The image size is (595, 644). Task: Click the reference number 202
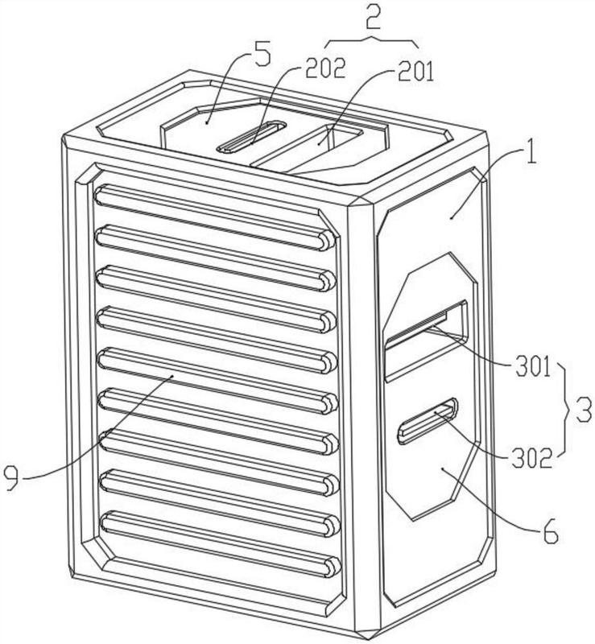click(325, 68)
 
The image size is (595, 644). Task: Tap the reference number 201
click(415, 72)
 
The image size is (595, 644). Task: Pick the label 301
click(533, 367)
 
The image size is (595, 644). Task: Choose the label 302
click(531, 459)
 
